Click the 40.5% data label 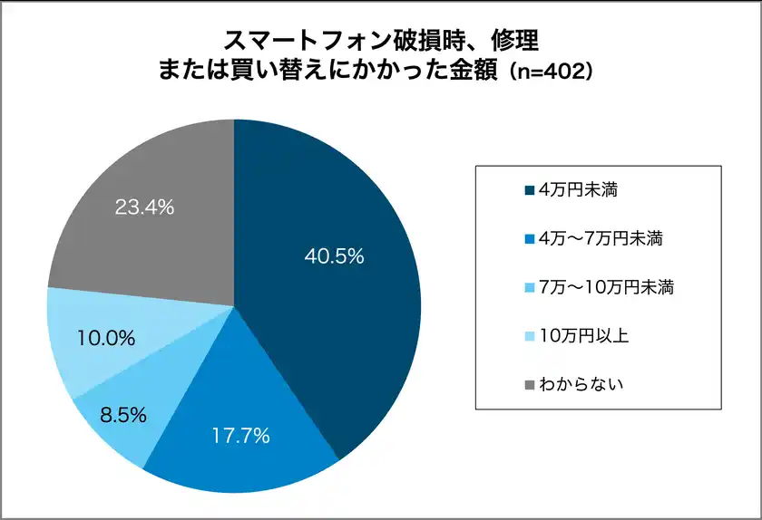pyautogui.click(x=333, y=256)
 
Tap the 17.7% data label pyautogui.click(x=240, y=436)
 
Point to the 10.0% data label pyautogui.click(x=106, y=339)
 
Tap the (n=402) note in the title pyautogui.click(x=551, y=71)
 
